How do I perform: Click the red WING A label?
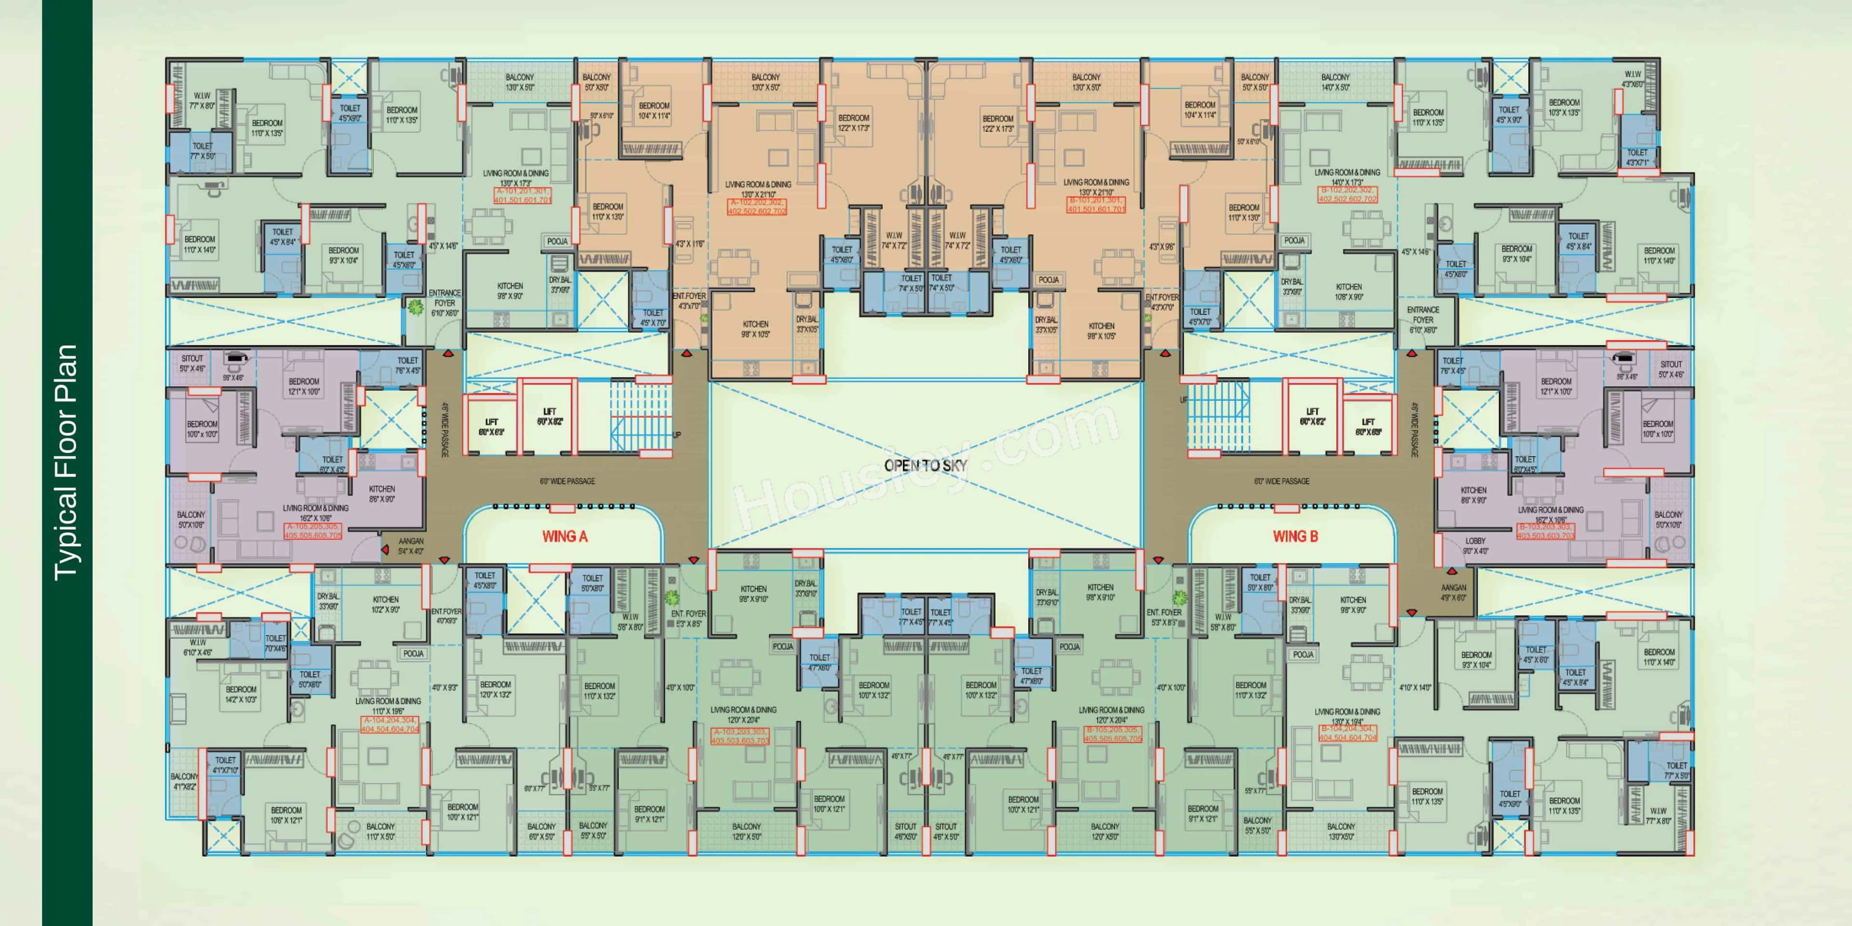[x=564, y=536]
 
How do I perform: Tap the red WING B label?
[x=1295, y=536]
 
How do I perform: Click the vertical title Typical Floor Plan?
[x=66, y=463]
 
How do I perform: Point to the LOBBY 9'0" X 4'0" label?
[x=1475, y=545]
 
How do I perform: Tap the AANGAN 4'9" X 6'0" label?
[x=1453, y=592]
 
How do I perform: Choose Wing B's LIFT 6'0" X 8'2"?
[x=1312, y=416]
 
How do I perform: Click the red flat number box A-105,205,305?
[x=313, y=531]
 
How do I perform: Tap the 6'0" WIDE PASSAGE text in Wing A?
[x=567, y=481]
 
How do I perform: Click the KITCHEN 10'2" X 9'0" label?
[x=385, y=604]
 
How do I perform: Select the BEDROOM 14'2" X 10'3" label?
[x=241, y=694]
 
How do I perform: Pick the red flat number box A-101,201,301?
[x=523, y=195]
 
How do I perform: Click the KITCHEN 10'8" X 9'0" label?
[x=1349, y=291]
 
